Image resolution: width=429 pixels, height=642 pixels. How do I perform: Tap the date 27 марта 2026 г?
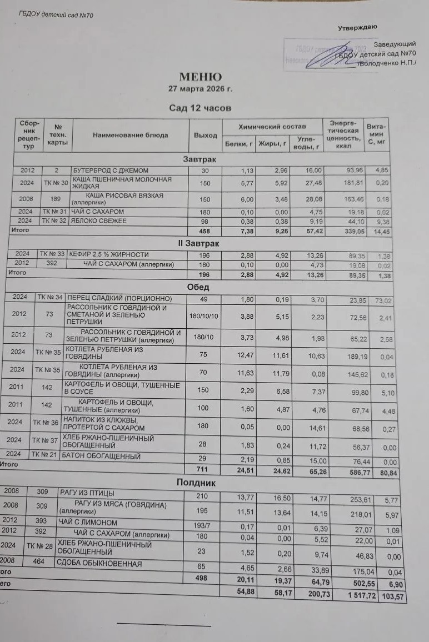pos(200,88)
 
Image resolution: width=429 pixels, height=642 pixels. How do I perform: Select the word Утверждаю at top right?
pos(358,27)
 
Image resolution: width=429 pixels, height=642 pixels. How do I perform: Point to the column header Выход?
pos(205,136)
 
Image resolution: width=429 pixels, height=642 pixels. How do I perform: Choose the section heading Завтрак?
pos(199,159)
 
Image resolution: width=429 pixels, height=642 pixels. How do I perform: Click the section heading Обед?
pos(199,288)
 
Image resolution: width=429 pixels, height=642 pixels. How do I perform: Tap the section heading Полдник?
pos(196,483)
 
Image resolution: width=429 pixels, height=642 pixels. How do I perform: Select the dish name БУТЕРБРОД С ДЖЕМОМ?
pos(110,170)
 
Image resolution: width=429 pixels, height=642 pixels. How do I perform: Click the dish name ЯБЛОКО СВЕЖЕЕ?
pos(99,221)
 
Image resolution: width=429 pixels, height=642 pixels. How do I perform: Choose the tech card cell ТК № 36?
pos(45,423)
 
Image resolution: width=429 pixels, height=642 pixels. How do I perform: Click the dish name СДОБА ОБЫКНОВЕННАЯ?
pos(98,563)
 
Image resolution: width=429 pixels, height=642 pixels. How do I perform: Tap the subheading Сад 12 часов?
pos(199,108)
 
